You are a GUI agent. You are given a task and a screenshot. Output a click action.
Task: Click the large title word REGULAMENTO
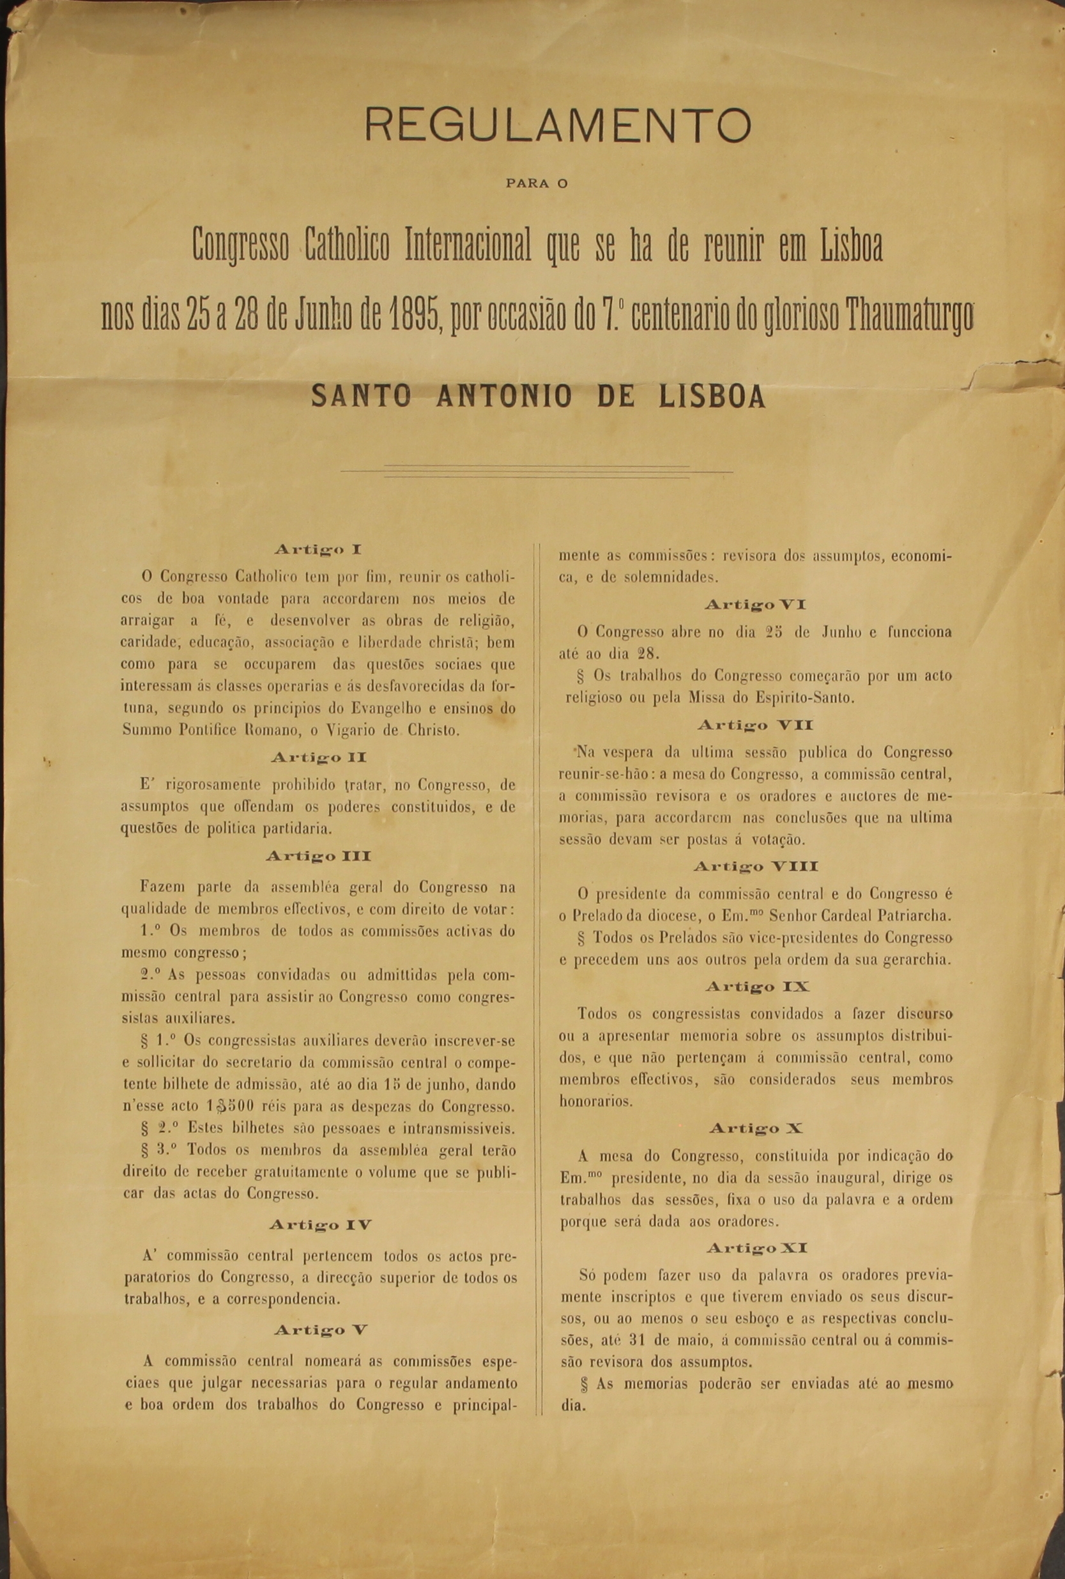tap(558, 124)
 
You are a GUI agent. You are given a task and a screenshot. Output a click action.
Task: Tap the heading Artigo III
tap(318, 857)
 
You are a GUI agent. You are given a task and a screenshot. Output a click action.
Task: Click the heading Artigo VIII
tap(755, 866)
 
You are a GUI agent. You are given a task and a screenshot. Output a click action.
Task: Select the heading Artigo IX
tap(756, 986)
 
